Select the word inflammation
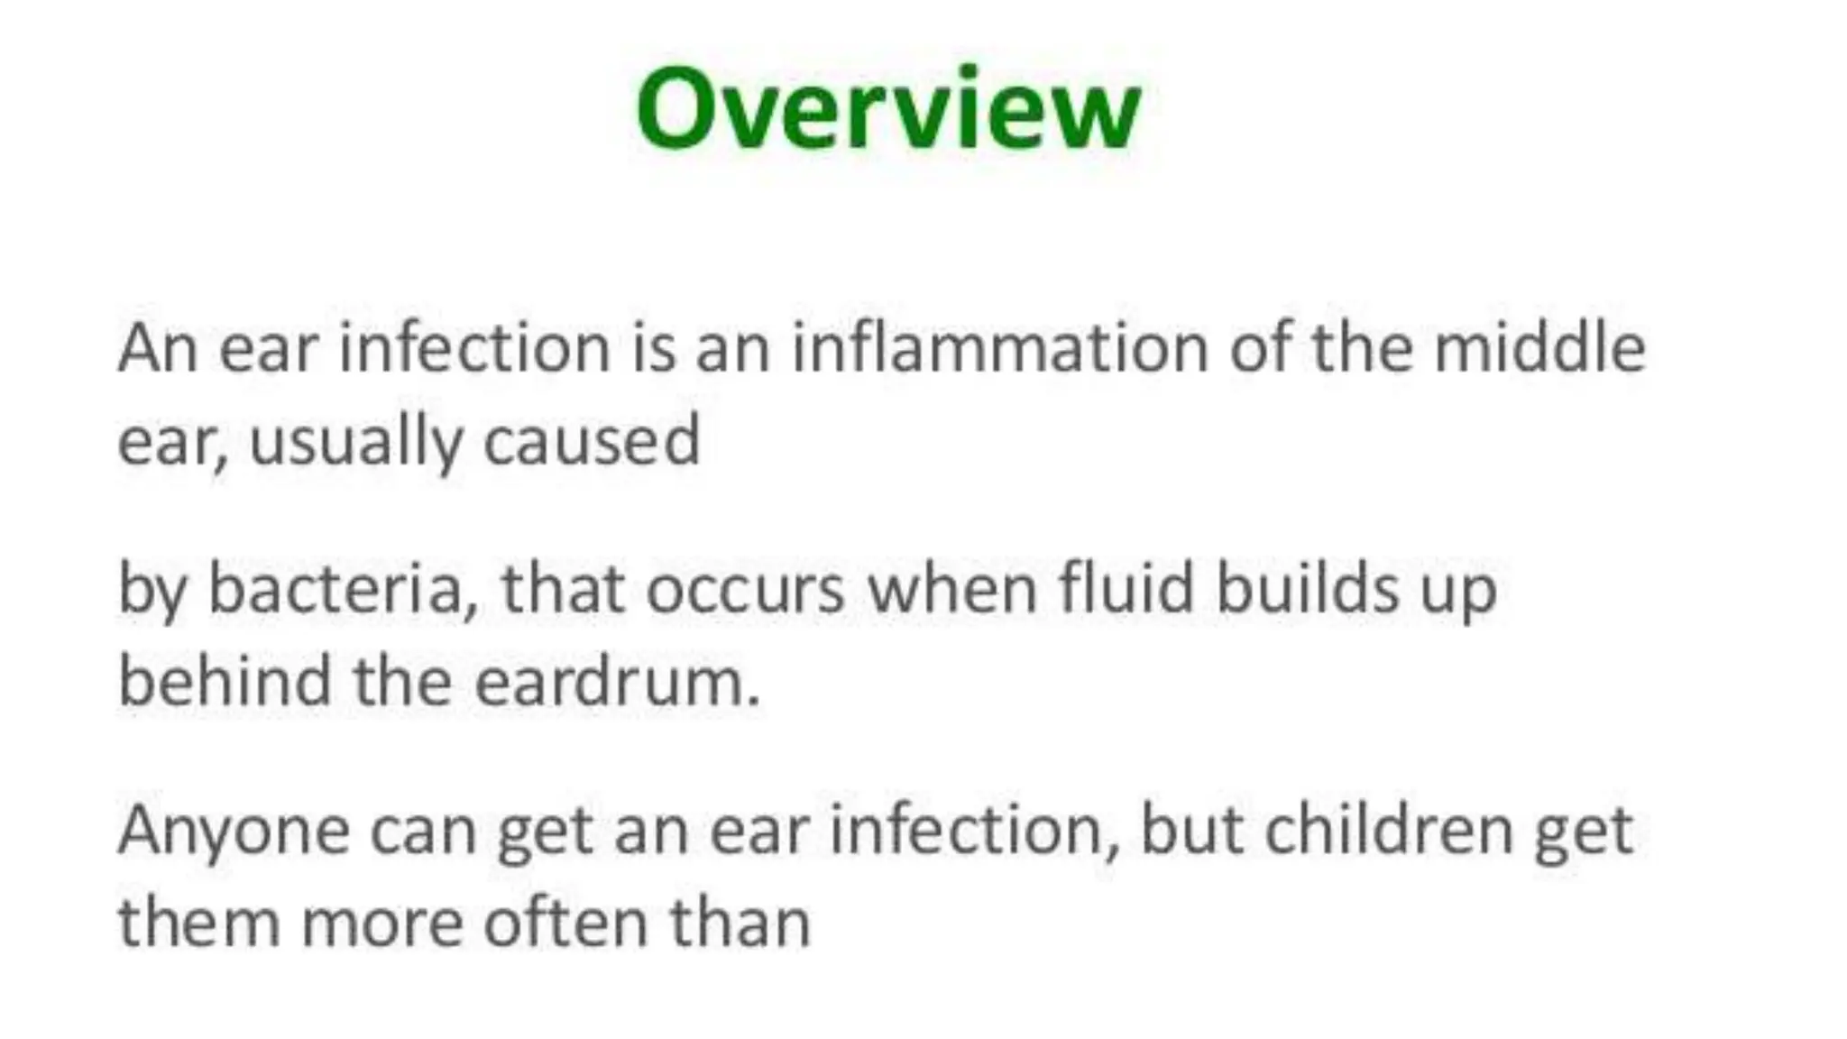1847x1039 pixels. point(999,348)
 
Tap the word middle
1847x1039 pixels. point(1539,348)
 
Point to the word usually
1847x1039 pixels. point(355,442)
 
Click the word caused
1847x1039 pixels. point(592,442)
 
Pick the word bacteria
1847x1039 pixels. point(343,589)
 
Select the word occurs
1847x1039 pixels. point(745,589)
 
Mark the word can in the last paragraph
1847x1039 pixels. point(423,831)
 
